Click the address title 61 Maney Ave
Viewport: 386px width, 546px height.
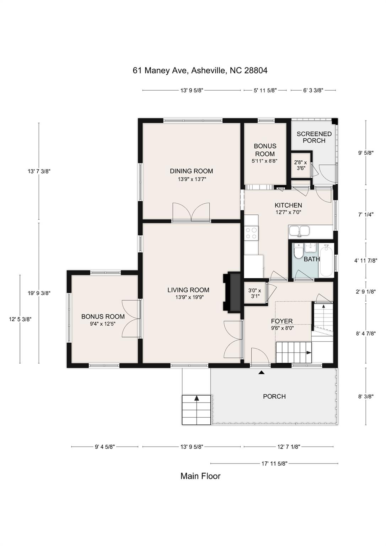[x=200, y=70]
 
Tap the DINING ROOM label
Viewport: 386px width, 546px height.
[x=191, y=171]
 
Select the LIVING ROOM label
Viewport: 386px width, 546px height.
[x=188, y=290]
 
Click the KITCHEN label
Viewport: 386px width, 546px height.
[x=288, y=205]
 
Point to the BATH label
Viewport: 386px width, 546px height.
[x=312, y=259]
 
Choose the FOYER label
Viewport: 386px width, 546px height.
[x=282, y=321]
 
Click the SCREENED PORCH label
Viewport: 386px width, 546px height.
[x=314, y=137]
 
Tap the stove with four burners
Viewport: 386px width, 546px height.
[x=251, y=232]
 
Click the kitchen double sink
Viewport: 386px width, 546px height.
[x=299, y=231]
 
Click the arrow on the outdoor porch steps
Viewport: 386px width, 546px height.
[x=197, y=398]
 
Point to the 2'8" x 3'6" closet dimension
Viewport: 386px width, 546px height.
[x=300, y=165]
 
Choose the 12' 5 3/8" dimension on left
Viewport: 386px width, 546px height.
[x=20, y=319]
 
